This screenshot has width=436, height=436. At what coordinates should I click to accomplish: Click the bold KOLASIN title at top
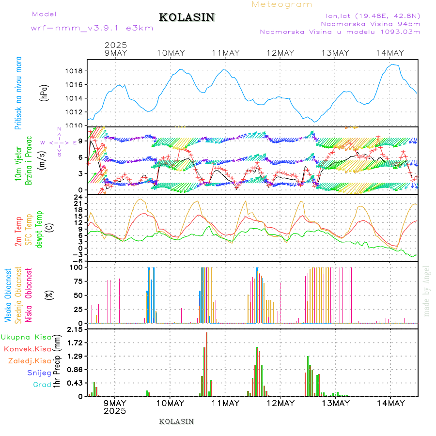pos(187,17)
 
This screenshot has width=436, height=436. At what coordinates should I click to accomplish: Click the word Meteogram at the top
pos(282,4)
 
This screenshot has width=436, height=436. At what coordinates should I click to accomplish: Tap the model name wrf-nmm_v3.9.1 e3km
pos(92,28)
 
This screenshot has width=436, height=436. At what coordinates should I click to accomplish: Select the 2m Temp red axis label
pos(18,232)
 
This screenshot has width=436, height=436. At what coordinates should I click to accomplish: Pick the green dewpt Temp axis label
pos(39,229)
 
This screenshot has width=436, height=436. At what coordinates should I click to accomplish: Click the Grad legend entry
pos(42,385)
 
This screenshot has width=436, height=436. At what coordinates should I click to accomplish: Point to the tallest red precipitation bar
pos(206,363)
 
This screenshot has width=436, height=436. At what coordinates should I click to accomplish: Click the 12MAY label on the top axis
pos(280,53)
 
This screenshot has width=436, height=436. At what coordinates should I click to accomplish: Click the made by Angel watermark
pos(427,291)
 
